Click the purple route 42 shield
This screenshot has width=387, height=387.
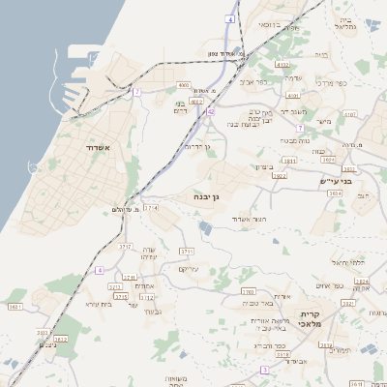click(x=211, y=111)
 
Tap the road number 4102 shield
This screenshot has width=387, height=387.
click(x=196, y=100)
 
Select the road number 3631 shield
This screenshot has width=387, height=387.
click(x=15, y=307)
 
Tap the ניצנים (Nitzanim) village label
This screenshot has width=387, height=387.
click(x=46, y=346)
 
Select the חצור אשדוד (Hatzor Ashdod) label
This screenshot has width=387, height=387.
click(x=249, y=220)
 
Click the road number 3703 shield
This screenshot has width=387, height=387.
click(x=248, y=290)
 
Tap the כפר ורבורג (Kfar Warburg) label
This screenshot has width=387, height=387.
click(x=268, y=343)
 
